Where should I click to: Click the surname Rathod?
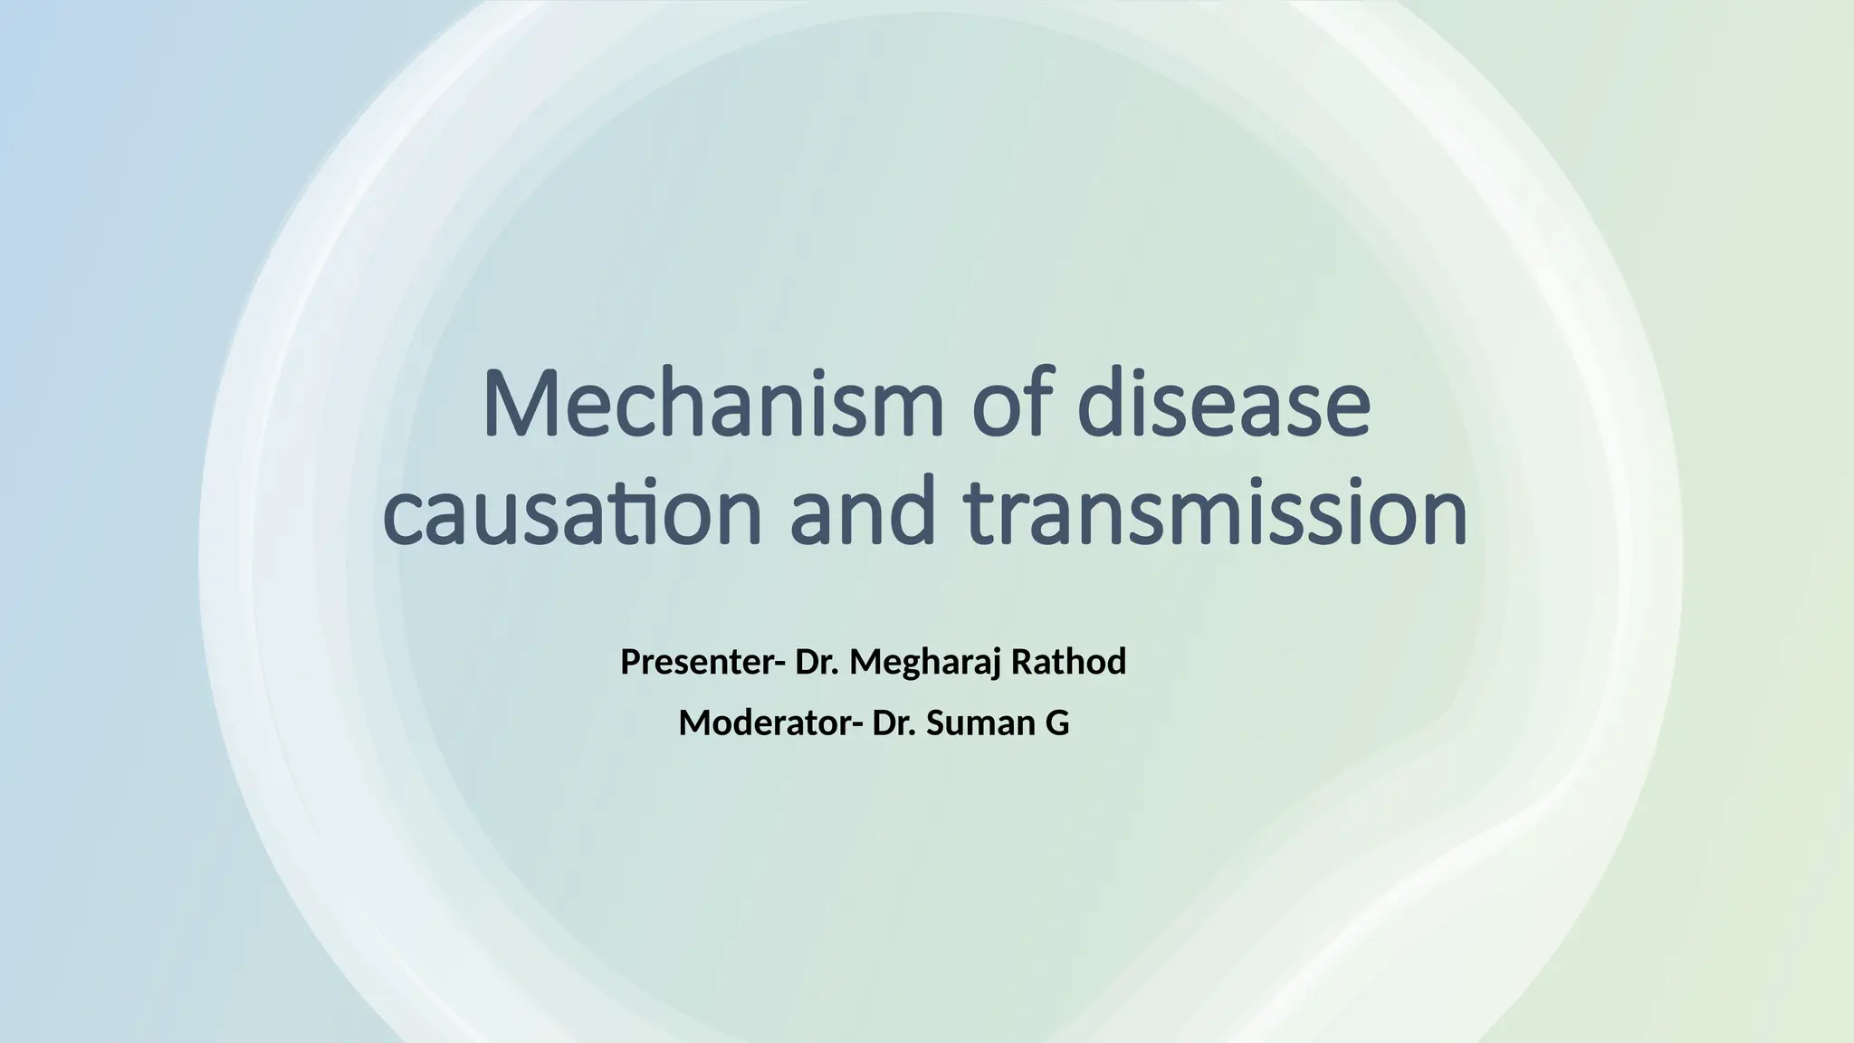click(1068, 663)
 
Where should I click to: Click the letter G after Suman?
click(1058, 723)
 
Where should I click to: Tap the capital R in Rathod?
click(1020, 663)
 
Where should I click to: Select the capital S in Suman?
click(935, 723)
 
